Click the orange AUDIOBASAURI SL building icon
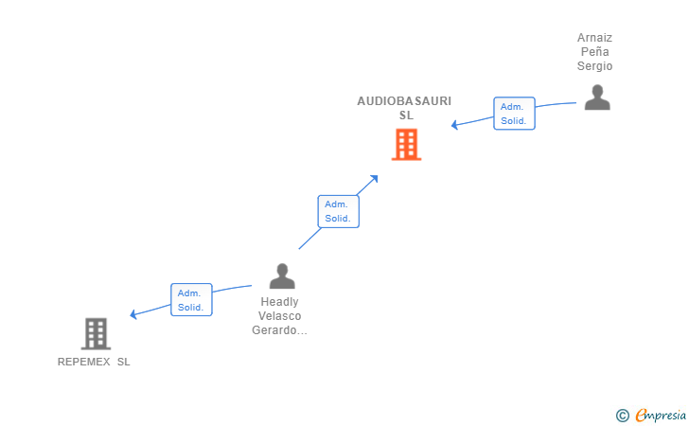pyautogui.click(x=406, y=145)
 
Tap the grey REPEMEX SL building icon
pyautogui.click(x=96, y=333)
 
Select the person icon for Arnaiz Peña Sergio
pyautogui.click(x=596, y=98)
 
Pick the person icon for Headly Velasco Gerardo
pyautogui.click(x=282, y=275)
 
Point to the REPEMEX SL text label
pyautogui.click(x=94, y=362)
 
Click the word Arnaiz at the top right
pyautogui.click(x=595, y=38)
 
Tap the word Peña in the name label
pyautogui.click(x=595, y=52)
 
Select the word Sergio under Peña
pyautogui.click(x=595, y=66)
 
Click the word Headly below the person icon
pyautogui.click(x=280, y=302)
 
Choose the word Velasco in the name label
pyautogui.click(x=280, y=316)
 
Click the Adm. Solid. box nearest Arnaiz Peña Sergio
pyautogui.click(x=514, y=114)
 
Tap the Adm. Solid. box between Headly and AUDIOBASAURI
pyautogui.click(x=338, y=211)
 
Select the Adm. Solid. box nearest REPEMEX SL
pyautogui.click(x=190, y=300)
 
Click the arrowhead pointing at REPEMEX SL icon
pyautogui.click(x=134, y=314)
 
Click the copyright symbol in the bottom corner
pyautogui.click(x=622, y=415)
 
